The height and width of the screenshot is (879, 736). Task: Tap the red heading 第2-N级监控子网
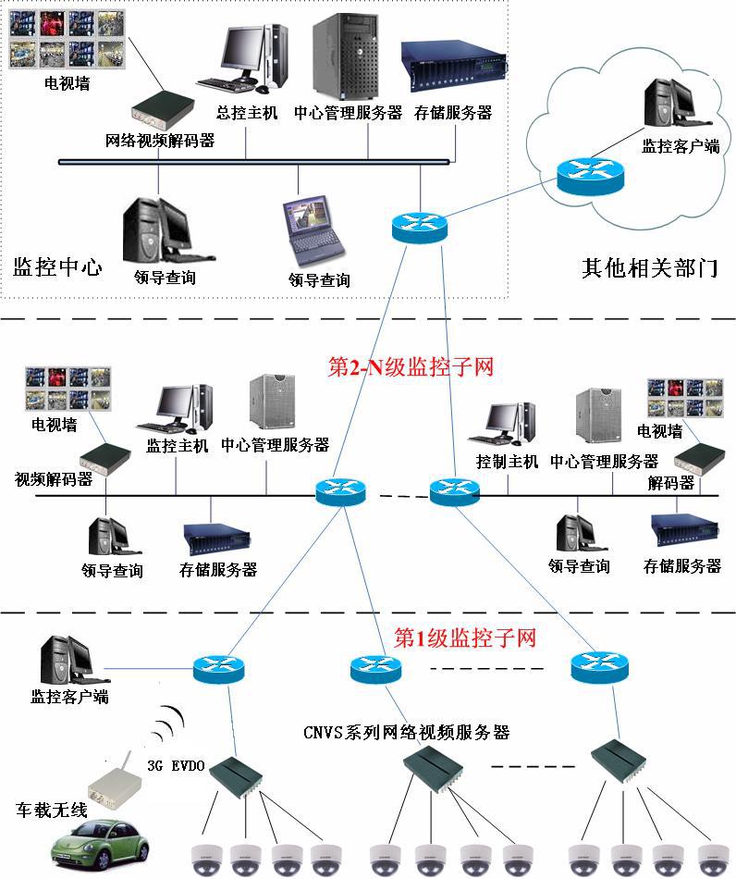click(411, 366)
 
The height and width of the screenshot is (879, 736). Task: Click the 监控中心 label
click(57, 268)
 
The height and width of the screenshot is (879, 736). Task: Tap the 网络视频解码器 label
click(160, 141)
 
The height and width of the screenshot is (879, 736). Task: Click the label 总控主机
click(246, 113)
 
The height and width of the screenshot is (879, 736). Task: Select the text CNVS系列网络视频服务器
click(407, 732)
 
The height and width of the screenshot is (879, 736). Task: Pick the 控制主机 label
click(507, 461)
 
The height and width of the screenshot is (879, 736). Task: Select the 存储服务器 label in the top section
click(452, 113)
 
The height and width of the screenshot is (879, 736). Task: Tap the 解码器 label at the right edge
click(671, 482)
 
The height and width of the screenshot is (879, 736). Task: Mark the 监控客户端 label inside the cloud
click(681, 145)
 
